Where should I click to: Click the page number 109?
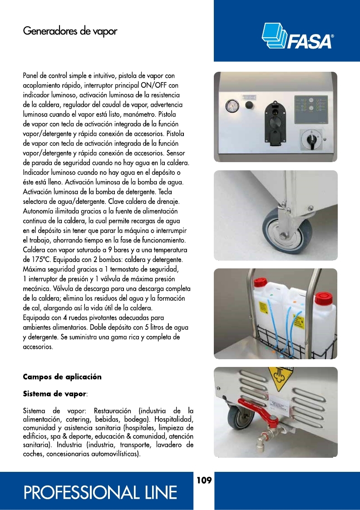pyautogui.click(x=204, y=480)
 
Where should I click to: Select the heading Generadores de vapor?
pyautogui.click(x=70, y=31)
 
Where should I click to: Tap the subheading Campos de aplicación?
pyautogui.click(x=62, y=377)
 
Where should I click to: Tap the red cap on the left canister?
pyautogui.click(x=260, y=282)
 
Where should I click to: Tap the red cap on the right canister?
pyautogui.click(x=324, y=298)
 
